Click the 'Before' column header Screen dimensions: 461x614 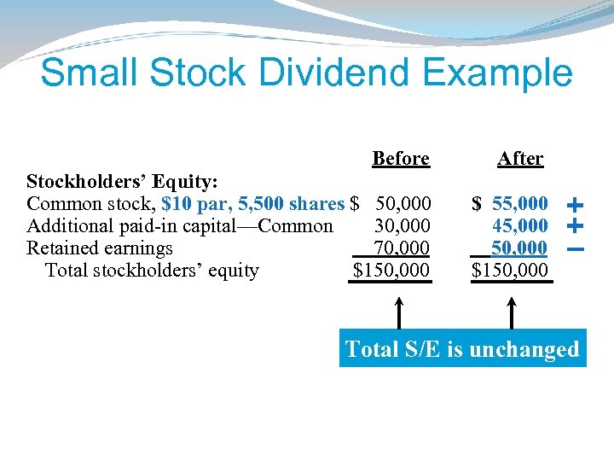[x=401, y=159]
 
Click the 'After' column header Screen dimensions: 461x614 [x=520, y=159]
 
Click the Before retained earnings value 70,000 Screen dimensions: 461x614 [x=403, y=248]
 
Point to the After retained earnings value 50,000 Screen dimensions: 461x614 [x=520, y=248]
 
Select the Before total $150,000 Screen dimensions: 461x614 [x=392, y=271]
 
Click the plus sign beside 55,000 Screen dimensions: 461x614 [x=575, y=205]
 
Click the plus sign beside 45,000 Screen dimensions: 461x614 [x=575, y=226]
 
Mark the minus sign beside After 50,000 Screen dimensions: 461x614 [x=575, y=249]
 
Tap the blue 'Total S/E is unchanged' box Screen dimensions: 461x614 [x=462, y=349]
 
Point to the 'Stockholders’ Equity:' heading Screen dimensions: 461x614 [x=123, y=182]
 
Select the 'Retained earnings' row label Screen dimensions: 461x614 [x=100, y=248]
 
